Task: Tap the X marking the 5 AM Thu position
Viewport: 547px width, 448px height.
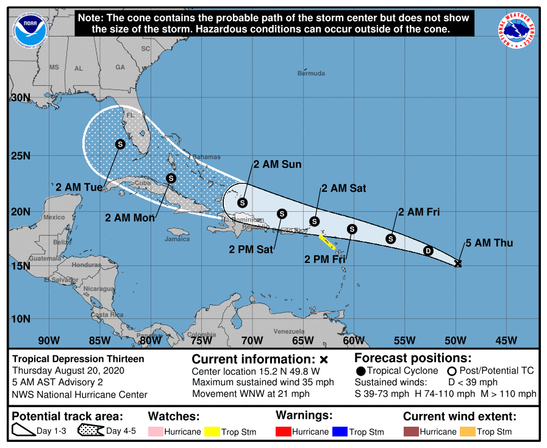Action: [458, 263]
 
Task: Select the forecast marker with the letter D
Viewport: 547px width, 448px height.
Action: [428, 251]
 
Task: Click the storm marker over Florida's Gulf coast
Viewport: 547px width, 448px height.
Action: [120, 144]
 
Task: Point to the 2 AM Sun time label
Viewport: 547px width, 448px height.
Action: [277, 164]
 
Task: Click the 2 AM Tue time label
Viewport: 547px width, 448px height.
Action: [79, 187]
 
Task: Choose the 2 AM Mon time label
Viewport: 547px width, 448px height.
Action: [130, 217]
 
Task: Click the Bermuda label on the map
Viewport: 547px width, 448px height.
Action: [311, 74]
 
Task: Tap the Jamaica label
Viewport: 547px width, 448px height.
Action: [177, 239]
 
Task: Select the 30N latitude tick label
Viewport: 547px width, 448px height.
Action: [20, 97]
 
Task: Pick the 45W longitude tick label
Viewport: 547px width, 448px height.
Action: [506, 340]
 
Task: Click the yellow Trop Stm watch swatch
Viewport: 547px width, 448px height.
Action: [212, 432]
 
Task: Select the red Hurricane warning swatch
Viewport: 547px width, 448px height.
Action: [284, 432]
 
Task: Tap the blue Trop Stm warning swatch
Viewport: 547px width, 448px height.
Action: [339, 432]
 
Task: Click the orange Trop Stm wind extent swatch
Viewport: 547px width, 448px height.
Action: [467, 432]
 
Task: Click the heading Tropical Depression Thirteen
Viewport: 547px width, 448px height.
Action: [79, 359]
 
